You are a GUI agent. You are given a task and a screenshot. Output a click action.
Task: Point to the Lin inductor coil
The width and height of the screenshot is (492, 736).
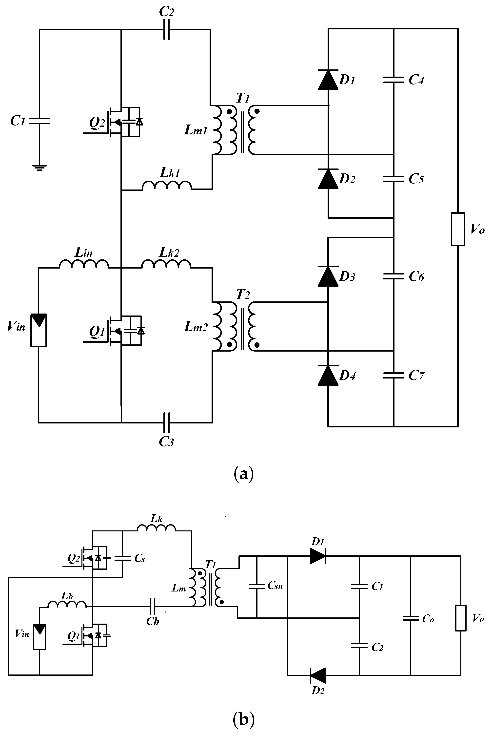tap(84, 264)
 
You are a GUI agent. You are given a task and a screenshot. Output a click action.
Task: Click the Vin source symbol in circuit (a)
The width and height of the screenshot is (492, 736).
tap(39, 330)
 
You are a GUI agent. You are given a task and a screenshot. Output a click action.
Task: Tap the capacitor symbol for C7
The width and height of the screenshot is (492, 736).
tap(394, 375)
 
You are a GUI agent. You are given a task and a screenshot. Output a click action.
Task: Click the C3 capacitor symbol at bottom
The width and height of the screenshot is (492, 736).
tap(167, 423)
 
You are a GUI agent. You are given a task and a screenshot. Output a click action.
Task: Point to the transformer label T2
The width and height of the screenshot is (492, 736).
tap(243, 295)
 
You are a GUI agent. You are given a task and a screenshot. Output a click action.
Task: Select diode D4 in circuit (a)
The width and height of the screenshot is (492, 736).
tap(328, 376)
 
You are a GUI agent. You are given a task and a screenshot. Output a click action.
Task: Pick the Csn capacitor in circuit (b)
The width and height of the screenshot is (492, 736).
tap(257, 586)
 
